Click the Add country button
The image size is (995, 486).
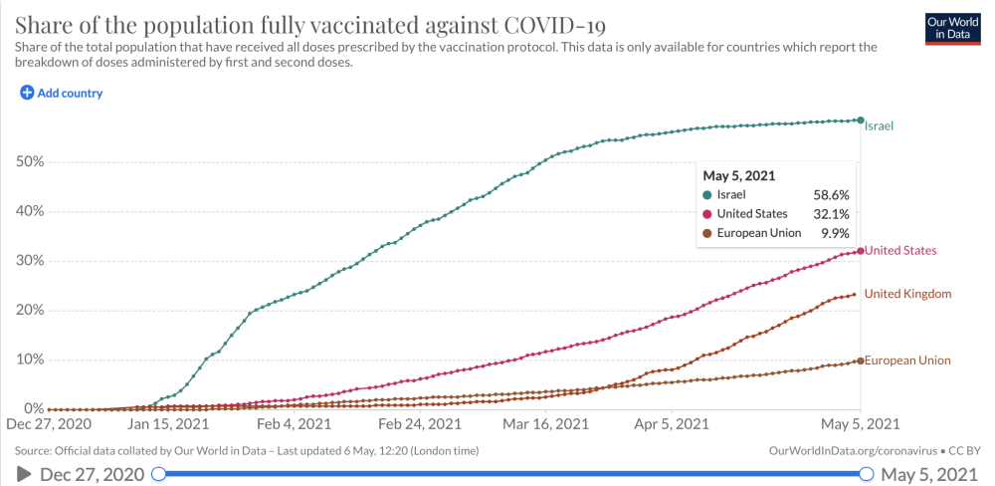[x=62, y=93]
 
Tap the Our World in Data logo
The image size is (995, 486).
[x=952, y=29]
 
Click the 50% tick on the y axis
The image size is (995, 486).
[x=30, y=162]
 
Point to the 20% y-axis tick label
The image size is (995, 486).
[x=30, y=310]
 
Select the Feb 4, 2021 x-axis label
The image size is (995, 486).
[x=300, y=423]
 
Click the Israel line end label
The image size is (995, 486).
[x=880, y=126]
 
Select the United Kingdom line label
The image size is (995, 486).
[x=907, y=294]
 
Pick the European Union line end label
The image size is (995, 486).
[x=907, y=361]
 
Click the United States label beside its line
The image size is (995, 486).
[x=901, y=251]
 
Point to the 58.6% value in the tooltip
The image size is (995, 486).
[x=832, y=194]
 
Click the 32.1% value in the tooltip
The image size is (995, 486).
[x=832, y=214]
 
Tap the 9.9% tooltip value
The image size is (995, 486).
[x=835, y=233]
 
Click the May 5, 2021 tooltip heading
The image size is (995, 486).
[x=739, y=175]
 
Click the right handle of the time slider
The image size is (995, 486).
[x=866, y=473]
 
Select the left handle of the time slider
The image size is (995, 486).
[x=159, y=473]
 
